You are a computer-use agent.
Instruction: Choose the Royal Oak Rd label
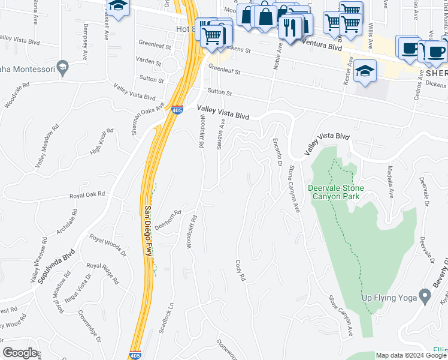pyautogui.click(x=87, y=195)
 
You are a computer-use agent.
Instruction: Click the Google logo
pyautogui.click(x=20, y=353)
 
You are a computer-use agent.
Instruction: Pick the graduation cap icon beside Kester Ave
pyautogui.click(x=365, y=71)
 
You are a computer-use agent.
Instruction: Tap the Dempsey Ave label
pyautogui.click(x=86, y=38)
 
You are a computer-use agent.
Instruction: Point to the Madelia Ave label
pyautogui.click(x=390, y=182)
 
